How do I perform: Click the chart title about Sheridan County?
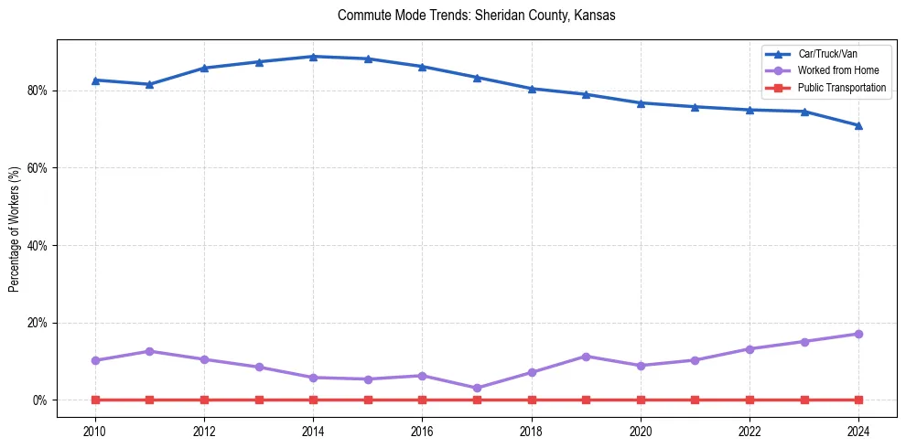pyautogui.click(x=476, y=16)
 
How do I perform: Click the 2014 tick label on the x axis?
pyautogui.click(x=313, y=430)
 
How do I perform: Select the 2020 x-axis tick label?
pyautogui.click(x=641, y=430)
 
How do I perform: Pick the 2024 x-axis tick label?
pyautogui.click(x=858, y=430)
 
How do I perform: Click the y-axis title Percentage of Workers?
pyautogui.click(x=15, y=229)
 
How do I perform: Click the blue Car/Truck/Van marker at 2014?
pyautogui.click(x=313, y=57)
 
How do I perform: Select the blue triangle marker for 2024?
pyautogui.click(x=858, y=125)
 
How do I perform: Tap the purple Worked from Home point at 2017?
pyautogui.click(x=477, y=389)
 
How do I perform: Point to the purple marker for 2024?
pyautogui.click(x=858, y=334)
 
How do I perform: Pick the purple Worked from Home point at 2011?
pyautogui.click(x=149, y=351)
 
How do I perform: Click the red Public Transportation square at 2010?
pyautogui.click(x=95, y=400)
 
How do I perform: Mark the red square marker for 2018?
pyautogui.click(x=532, y=400)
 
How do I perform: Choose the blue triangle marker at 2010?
pyautogui.click(x=95, y=80)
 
